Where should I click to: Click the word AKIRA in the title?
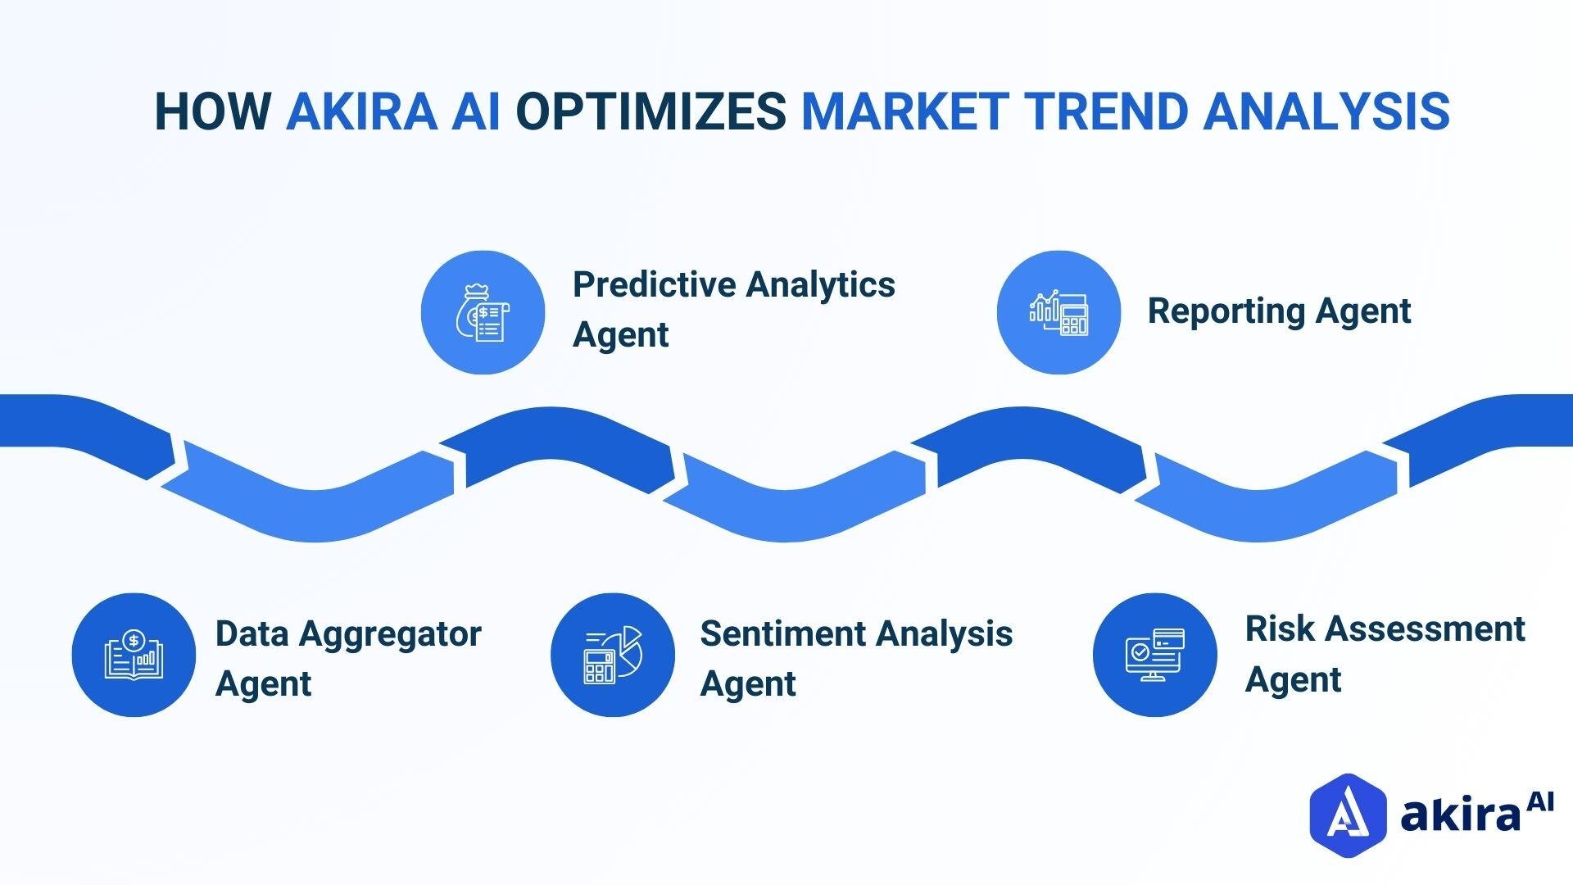pyautogui.click(x=360, y=111)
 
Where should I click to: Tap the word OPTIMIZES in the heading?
pyautogui.click(x=651, y=111)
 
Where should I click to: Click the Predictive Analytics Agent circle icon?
pyautogui.click(x=483, y=313)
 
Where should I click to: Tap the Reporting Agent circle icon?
pyautogui.click(x=1058, y=313)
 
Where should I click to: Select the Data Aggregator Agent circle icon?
pyautogui.click(x=134, y=655)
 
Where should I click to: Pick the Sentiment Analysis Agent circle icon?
pyautogui.click(x=612, y=655)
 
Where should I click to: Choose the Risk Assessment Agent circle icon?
pyautogui.click(x=1154, y=655)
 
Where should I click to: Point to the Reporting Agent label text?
pyautogui.click(x=1278, y=311)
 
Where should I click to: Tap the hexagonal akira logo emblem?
pyautogui.click(x=1347, y=815)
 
